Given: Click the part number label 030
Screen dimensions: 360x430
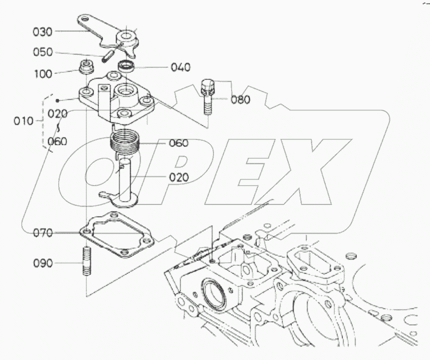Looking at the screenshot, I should (43, 32).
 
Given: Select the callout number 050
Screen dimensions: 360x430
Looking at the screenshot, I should (43, 53).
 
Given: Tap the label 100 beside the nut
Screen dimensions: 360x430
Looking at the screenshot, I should (43, 74).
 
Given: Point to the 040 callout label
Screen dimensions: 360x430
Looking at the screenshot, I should (180, 67).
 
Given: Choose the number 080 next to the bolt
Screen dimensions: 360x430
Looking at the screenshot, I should (241, 99).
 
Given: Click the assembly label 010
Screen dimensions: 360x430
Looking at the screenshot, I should (24, 121).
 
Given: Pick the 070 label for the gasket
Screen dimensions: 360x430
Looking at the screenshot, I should (43, 233).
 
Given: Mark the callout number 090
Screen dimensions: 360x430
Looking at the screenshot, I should (43, 263).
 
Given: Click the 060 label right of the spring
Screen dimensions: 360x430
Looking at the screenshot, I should (178, 143).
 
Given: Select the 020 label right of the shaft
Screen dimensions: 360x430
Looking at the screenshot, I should (179, 176).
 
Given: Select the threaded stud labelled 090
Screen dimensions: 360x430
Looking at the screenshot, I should (86, 262).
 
